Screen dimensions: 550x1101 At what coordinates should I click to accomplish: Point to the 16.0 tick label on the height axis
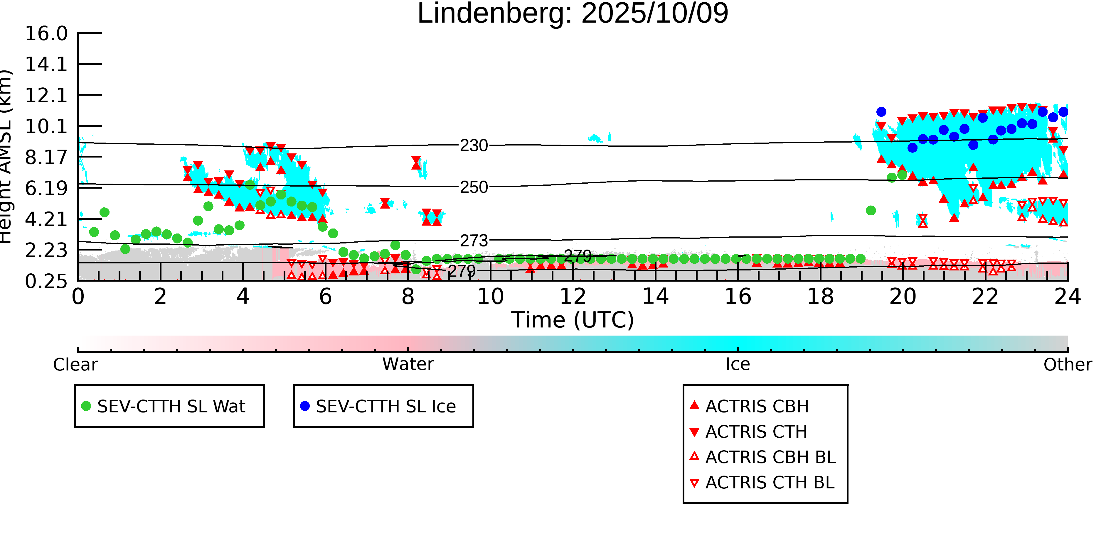tap(46, 34)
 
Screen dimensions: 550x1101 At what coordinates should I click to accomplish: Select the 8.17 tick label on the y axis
tap(46, 158)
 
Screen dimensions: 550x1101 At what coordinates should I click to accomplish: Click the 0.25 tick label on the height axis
tap(46, 281)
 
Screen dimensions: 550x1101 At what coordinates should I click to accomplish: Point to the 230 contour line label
tap(474, 145)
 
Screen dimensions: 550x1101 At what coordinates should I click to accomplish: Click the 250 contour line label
tap(474, 187)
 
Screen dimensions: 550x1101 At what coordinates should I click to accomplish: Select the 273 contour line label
tap(474, 241)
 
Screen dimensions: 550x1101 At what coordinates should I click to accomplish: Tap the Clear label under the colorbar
tap(75, 365)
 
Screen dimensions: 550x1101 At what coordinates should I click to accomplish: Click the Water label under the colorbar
tap(408, 364)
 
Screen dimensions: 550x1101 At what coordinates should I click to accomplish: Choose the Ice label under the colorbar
tap(738, 364)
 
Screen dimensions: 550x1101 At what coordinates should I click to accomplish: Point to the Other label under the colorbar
tap(1067, 365)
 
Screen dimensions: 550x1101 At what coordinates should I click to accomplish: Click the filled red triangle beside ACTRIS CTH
tap(695, 432)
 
